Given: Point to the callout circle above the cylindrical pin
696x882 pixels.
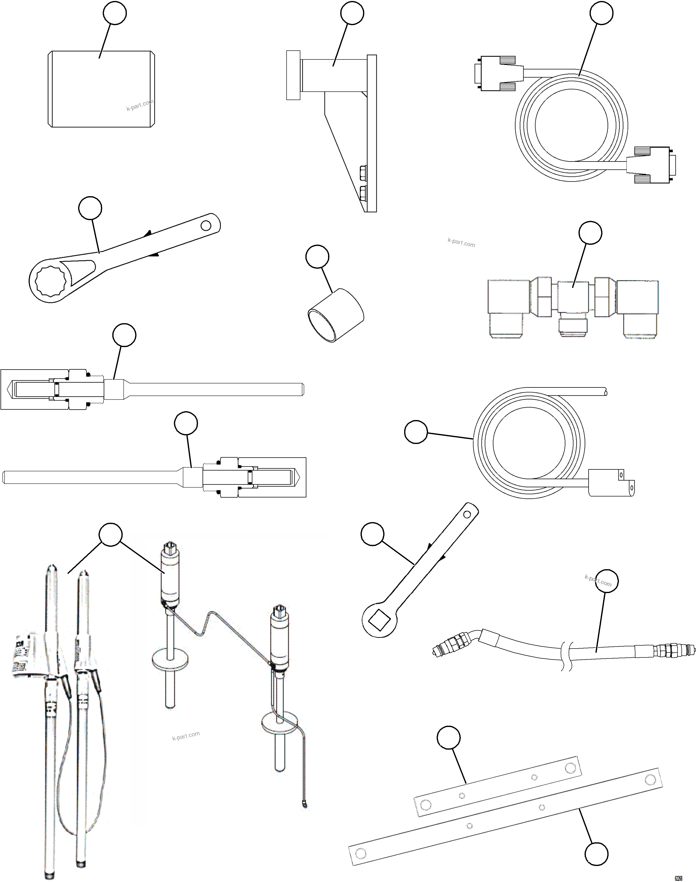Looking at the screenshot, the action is click(x=115, y=13).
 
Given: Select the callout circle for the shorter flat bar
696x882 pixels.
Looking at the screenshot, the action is click(x=449, y=738).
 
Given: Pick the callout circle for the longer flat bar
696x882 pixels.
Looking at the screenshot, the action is click(x=597, y=853).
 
